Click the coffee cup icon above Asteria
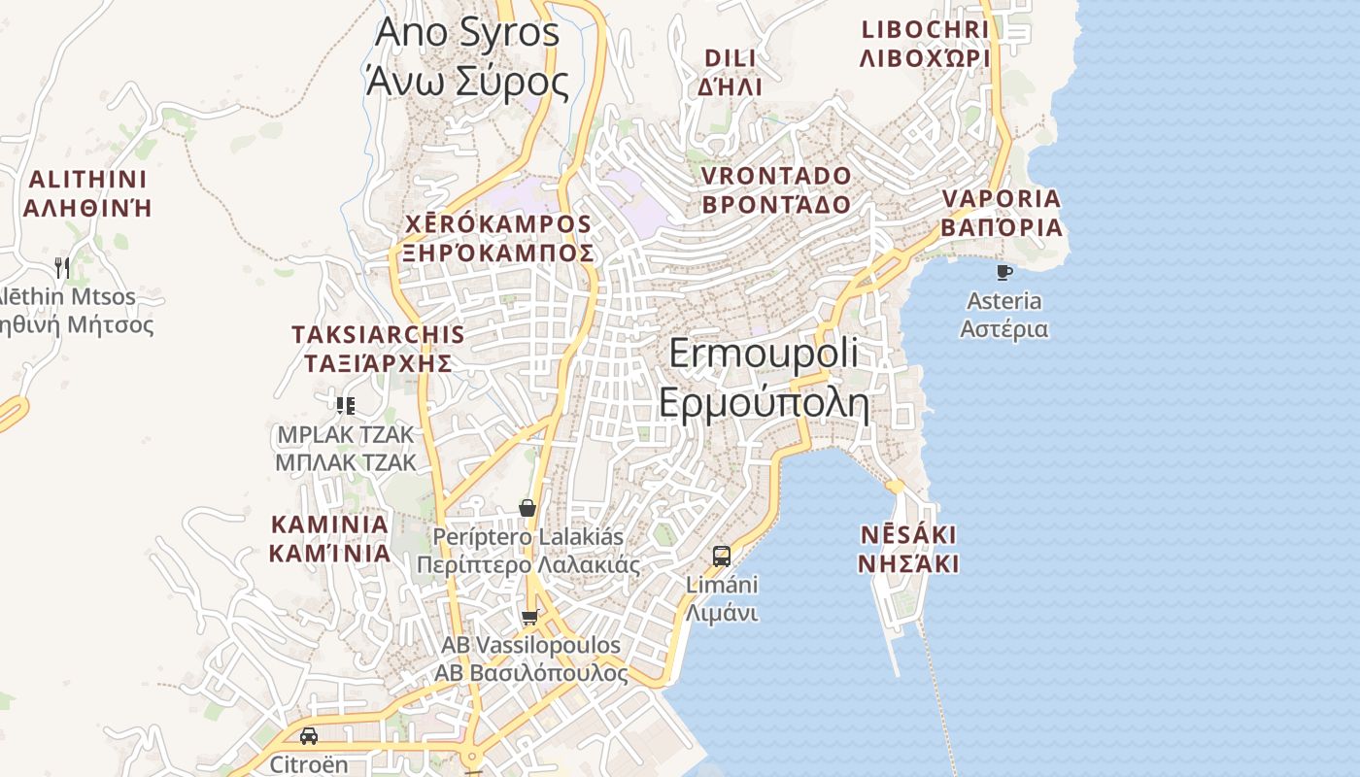pos(1004,272)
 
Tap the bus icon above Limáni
pos(722,556)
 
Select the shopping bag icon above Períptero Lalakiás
pos(527,507)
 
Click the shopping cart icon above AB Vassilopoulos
pos(529,617)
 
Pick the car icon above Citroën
pos(309,735)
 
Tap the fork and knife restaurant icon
pos(62,266)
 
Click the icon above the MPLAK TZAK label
pos(345,405)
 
